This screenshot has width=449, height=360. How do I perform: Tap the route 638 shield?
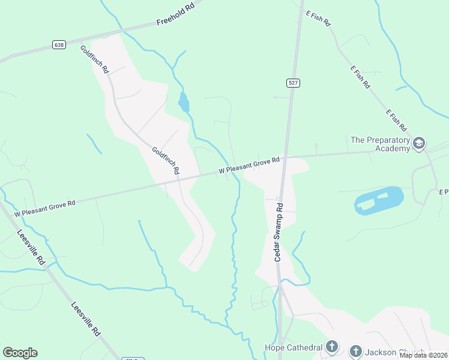click(58, 45)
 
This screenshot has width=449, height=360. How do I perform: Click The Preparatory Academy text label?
click(380, 144)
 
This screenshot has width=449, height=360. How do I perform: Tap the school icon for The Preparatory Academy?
click(419, 143)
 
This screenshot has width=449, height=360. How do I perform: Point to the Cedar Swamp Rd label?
click(279, 231)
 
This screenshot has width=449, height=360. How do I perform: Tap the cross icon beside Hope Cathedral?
click(332, 347)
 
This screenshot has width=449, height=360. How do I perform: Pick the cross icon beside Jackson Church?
click(355, 351)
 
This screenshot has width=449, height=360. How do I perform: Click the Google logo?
click(20, 353)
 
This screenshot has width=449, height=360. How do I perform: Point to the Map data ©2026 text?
click(423, 355)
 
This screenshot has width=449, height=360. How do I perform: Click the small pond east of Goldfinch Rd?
click(184, 103)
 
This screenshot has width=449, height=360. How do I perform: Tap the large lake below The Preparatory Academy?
click(379, 200)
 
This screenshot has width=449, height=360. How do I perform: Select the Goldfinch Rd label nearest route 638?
click(94, 59)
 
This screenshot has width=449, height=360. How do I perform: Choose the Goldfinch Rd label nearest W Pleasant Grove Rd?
click(166, 161)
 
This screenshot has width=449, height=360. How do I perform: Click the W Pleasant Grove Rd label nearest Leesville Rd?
click(45, 208)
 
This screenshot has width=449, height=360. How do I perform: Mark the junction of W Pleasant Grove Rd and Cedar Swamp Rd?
click(285, 158)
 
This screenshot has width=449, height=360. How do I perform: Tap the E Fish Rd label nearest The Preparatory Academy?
click(396, 121)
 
